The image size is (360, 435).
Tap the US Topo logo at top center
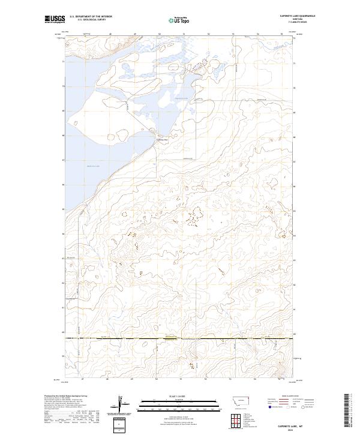click(x=179, y=20)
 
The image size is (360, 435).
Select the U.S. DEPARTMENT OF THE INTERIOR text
click(x=91, y=17)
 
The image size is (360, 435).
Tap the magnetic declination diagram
click(x=124, y=405)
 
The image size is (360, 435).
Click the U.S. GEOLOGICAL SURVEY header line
click(x=91, y=20)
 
